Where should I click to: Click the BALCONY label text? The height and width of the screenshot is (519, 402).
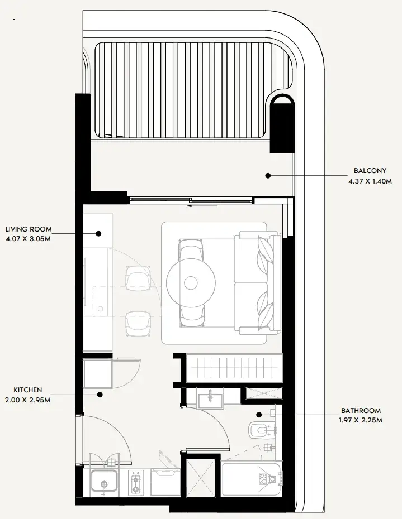[x=370, y=171]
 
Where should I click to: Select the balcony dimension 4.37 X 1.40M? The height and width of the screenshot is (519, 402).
[x=370, y=181]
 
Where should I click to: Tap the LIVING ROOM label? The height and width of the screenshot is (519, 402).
[x=29, y=229]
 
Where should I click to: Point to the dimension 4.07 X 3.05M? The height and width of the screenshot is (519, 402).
[x=29, y=239]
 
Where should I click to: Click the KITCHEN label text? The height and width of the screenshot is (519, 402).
[x=28, y=390]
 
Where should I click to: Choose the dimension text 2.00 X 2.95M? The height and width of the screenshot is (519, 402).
[x=28, y=400]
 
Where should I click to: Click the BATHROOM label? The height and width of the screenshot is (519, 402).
[x=361, y=411]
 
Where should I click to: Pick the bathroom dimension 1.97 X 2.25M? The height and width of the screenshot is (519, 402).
[x=361, y=420]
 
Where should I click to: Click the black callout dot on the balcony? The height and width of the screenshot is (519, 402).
[x=268, y=176]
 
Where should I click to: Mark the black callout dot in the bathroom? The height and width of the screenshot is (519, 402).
[x=259, y=415]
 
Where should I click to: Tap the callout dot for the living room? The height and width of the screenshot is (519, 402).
[x=98, y=234]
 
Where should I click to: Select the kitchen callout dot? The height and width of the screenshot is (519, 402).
[x=100, y=395]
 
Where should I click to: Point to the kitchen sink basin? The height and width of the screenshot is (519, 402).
[x=104, y=482]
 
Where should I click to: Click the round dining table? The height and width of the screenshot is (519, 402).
[x=191, y=283]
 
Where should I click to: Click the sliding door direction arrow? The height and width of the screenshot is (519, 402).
[x=202, y=206]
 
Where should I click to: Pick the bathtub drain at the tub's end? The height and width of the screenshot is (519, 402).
[x=273, y=479]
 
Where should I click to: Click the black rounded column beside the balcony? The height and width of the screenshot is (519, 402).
[x=282, y=123]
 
